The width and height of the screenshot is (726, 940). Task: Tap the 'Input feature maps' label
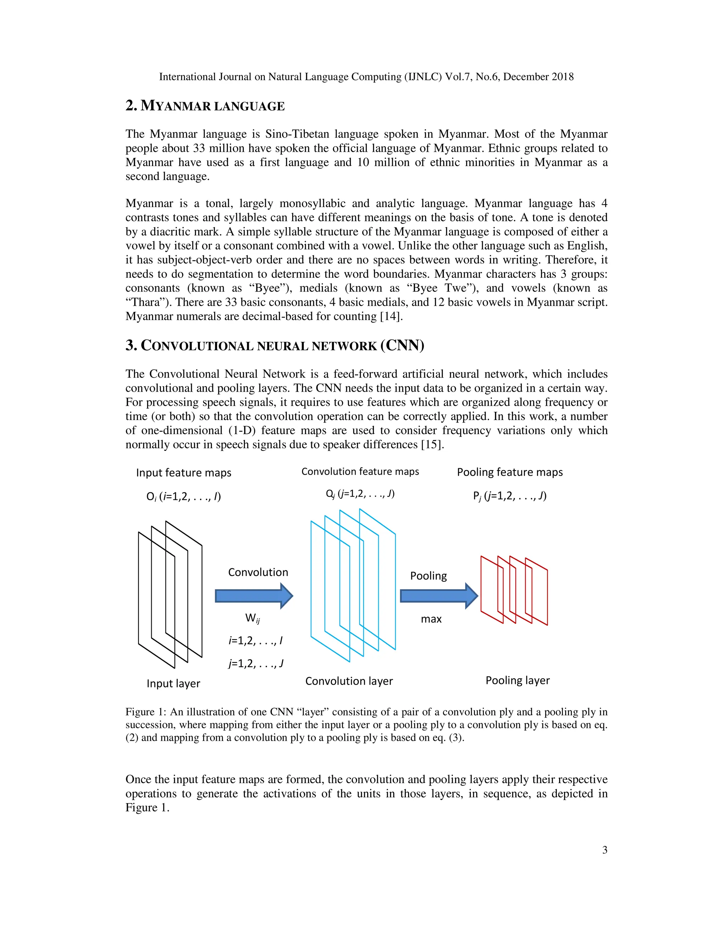tap(184, 472)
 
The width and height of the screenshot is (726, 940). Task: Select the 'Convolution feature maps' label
tap(360, 471)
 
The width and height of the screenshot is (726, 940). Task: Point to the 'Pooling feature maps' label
tap(510, 472)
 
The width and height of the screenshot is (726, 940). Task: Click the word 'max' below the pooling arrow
tap(431, 619)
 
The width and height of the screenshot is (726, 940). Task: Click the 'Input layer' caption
tap(173, 684)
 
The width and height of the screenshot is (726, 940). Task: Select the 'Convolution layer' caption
tap(349, 681)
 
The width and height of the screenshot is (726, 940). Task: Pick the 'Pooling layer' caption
tap(518, 680)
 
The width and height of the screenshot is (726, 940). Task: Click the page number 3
tap(605, 850)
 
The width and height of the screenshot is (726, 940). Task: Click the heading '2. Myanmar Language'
tap(205, 105)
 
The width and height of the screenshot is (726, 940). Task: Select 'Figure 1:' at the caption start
tap(146, 712)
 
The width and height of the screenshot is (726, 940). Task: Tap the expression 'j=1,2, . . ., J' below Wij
tap(256, 663)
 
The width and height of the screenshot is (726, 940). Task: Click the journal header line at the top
tap(366, 77)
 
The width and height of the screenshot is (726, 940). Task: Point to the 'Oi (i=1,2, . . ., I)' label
tap(184, 497)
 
